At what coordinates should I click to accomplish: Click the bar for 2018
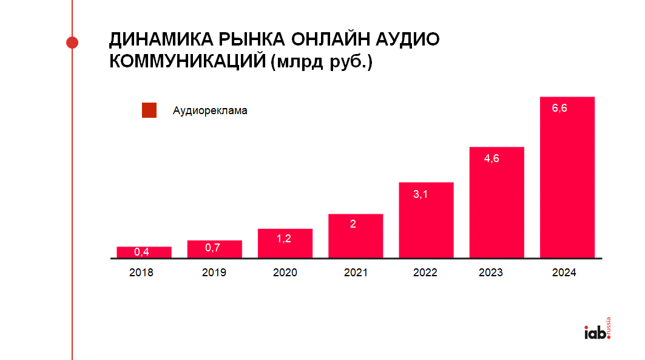click(x=144, y=253)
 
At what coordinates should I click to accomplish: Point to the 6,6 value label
click(x=559, y=108)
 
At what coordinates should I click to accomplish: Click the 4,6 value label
click(x=491, y=158)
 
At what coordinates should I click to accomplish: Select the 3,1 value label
click(x=420, y=194)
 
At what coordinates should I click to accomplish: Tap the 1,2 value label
click(x=284, y=239)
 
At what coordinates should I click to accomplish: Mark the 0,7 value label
click(x=212, y=248)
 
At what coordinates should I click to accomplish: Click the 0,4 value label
click(x=141, y=252)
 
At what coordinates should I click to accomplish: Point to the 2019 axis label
click(x=214, y=273)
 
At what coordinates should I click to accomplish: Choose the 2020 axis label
click(x=285, y=273)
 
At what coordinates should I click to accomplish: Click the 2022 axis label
click(x=425, y=273)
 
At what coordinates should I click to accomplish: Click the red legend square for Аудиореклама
click(x=149, y=110)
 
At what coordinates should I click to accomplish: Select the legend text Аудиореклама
click(x=210, y=111)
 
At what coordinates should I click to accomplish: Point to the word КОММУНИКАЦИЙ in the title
click(x=186, y=62)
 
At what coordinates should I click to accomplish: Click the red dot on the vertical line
click(x=72, y=42)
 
